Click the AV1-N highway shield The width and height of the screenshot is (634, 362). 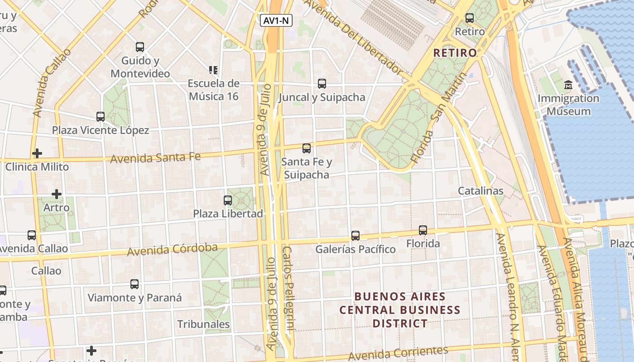(276, 20)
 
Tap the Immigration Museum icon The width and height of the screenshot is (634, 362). (568, 85)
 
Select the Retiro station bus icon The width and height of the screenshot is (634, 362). (470, 18)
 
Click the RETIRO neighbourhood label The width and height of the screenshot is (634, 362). (455, 53)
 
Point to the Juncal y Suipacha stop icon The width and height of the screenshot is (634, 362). (322, 84)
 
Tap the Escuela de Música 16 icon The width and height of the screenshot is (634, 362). (213, 70)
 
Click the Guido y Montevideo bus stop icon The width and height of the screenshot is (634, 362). (140, 47)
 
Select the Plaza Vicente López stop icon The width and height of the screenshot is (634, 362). (101, 117)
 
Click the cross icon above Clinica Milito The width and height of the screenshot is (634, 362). (37, 153)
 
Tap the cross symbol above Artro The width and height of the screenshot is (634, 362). (57, 194)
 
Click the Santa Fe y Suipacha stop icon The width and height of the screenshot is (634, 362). (307, 148)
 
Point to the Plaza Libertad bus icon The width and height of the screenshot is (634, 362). (228, 200)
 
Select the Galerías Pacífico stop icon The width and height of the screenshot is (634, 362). (355, 236)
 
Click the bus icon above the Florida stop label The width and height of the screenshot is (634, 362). (423, 230)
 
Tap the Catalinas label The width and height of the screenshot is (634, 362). (480, 191)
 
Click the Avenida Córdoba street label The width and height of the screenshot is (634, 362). (172, 249)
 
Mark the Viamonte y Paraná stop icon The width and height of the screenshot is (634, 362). (134, 284)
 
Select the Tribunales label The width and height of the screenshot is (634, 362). (203, 324)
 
